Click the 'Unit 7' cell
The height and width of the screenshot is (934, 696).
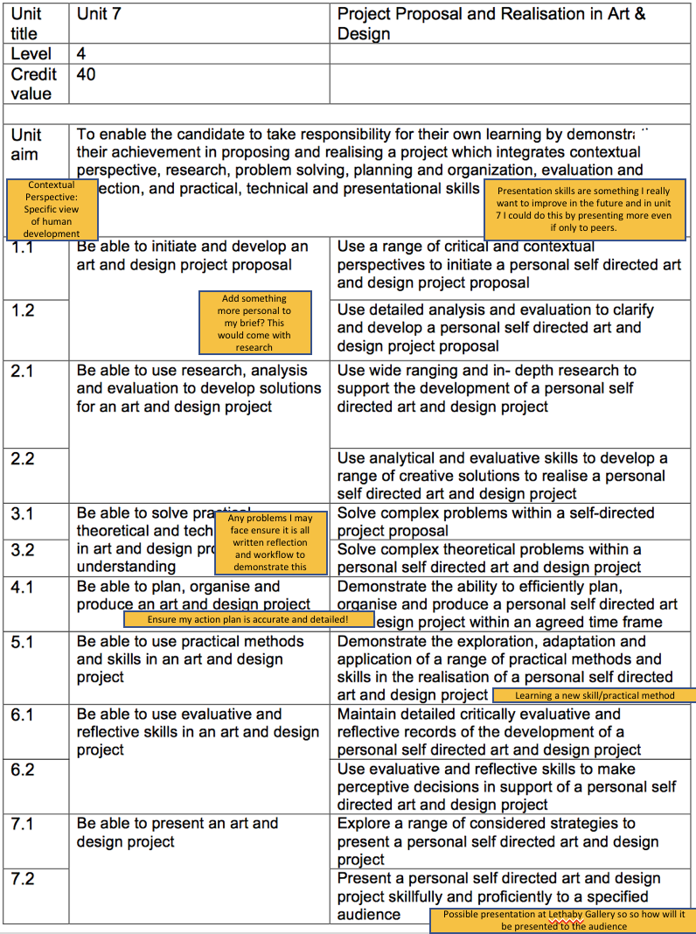[98, 15]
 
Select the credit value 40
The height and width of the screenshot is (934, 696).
[87, 75]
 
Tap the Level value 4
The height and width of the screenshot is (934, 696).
[81, 54]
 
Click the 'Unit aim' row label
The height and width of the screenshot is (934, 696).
[26, 145]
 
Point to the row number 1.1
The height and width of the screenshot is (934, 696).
[23, 248]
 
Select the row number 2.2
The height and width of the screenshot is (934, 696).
[23, 458]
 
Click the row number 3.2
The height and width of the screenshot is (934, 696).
[23, 550]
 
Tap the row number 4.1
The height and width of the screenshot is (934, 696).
[23, 587]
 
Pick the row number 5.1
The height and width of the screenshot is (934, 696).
[23, 642]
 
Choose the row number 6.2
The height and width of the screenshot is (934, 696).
[23, 770]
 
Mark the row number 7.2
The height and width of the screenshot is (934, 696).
[23, 879]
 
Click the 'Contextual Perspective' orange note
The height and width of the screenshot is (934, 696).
[51, 209]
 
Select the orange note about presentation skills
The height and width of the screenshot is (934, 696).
[584, 209]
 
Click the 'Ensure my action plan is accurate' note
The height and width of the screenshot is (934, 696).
[248, 619]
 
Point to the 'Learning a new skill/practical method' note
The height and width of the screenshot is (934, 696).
[595, 695]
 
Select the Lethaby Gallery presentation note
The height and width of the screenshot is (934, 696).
[563, 920]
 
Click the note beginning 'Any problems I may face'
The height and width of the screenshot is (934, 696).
[270, 542]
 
